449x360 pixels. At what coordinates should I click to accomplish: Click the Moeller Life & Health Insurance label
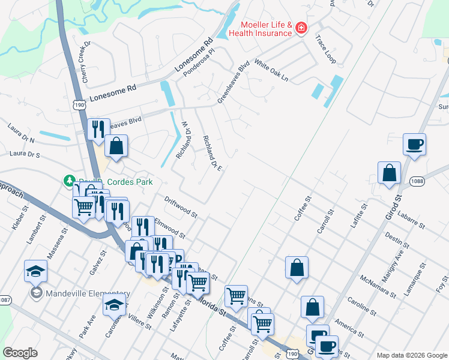point(266,29)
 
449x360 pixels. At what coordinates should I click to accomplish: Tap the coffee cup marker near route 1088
point(414,145)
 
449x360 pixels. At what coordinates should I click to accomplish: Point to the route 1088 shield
point(418,181)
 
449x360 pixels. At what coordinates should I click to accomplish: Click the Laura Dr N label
point(21,134)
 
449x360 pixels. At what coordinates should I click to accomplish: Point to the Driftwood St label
point(181,205)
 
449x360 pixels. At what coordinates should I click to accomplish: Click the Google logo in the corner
point(20,353)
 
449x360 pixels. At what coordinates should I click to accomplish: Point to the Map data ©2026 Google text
point(411,355)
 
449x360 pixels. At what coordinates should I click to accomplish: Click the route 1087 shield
point(5,299)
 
